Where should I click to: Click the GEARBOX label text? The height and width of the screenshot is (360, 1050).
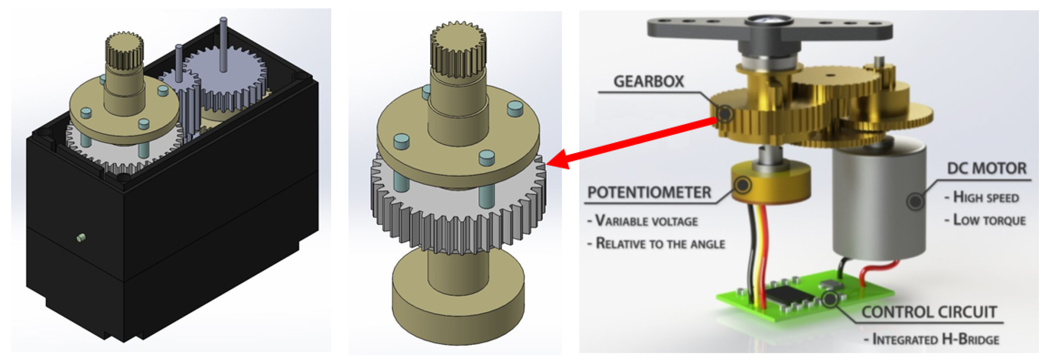click(649, 82)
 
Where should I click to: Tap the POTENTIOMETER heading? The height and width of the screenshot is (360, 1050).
click(649, 192)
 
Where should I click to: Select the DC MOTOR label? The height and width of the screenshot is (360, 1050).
click(986, 168)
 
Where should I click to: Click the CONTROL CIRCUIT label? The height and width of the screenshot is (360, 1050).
click(929, 312)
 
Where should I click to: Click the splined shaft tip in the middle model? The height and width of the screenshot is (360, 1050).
click(458, 49)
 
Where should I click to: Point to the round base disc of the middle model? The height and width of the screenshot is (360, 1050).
click(457, 302)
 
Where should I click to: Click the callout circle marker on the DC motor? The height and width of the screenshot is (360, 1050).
click(915, 201)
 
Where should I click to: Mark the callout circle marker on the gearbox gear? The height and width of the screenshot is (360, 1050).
click(725, 113)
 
